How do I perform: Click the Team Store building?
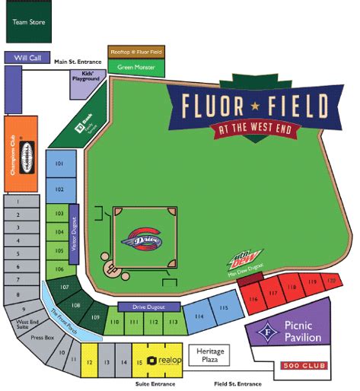27,21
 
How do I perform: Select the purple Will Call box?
27,58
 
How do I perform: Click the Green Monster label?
136,68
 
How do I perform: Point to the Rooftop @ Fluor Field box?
136,52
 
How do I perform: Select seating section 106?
59,269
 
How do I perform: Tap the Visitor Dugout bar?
74,234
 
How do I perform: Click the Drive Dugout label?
148,307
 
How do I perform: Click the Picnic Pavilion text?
301,332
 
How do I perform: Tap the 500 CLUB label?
305,367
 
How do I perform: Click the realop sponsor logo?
161,361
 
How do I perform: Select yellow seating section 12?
89,363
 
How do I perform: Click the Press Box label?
43,335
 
